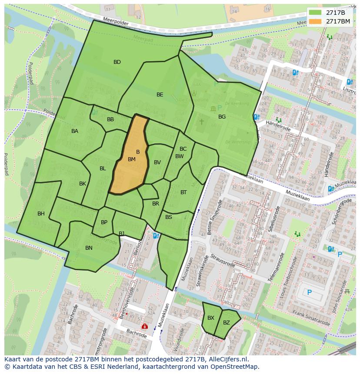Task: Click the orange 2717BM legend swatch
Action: [x=316, y=21]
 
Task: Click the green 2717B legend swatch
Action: [x=316, y=12]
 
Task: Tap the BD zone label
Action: [x=117, y=62]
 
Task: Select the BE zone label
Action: [x=160, y=95]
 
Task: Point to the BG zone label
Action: [x=222, y=117]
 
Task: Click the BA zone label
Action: [x=75, y=131]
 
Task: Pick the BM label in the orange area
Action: [x=132, y=159]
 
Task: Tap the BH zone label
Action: [x=41, y=214]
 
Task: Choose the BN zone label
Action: [x=89, y=248]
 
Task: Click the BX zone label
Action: [x=211, y=318]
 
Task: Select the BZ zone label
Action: [x=227, y=323]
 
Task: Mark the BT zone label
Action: [x=183, y=192]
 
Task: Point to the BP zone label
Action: [x=104, y=222]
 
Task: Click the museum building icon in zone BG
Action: [x=213, y=108]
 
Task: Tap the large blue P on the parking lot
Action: [x=309, y=292]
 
